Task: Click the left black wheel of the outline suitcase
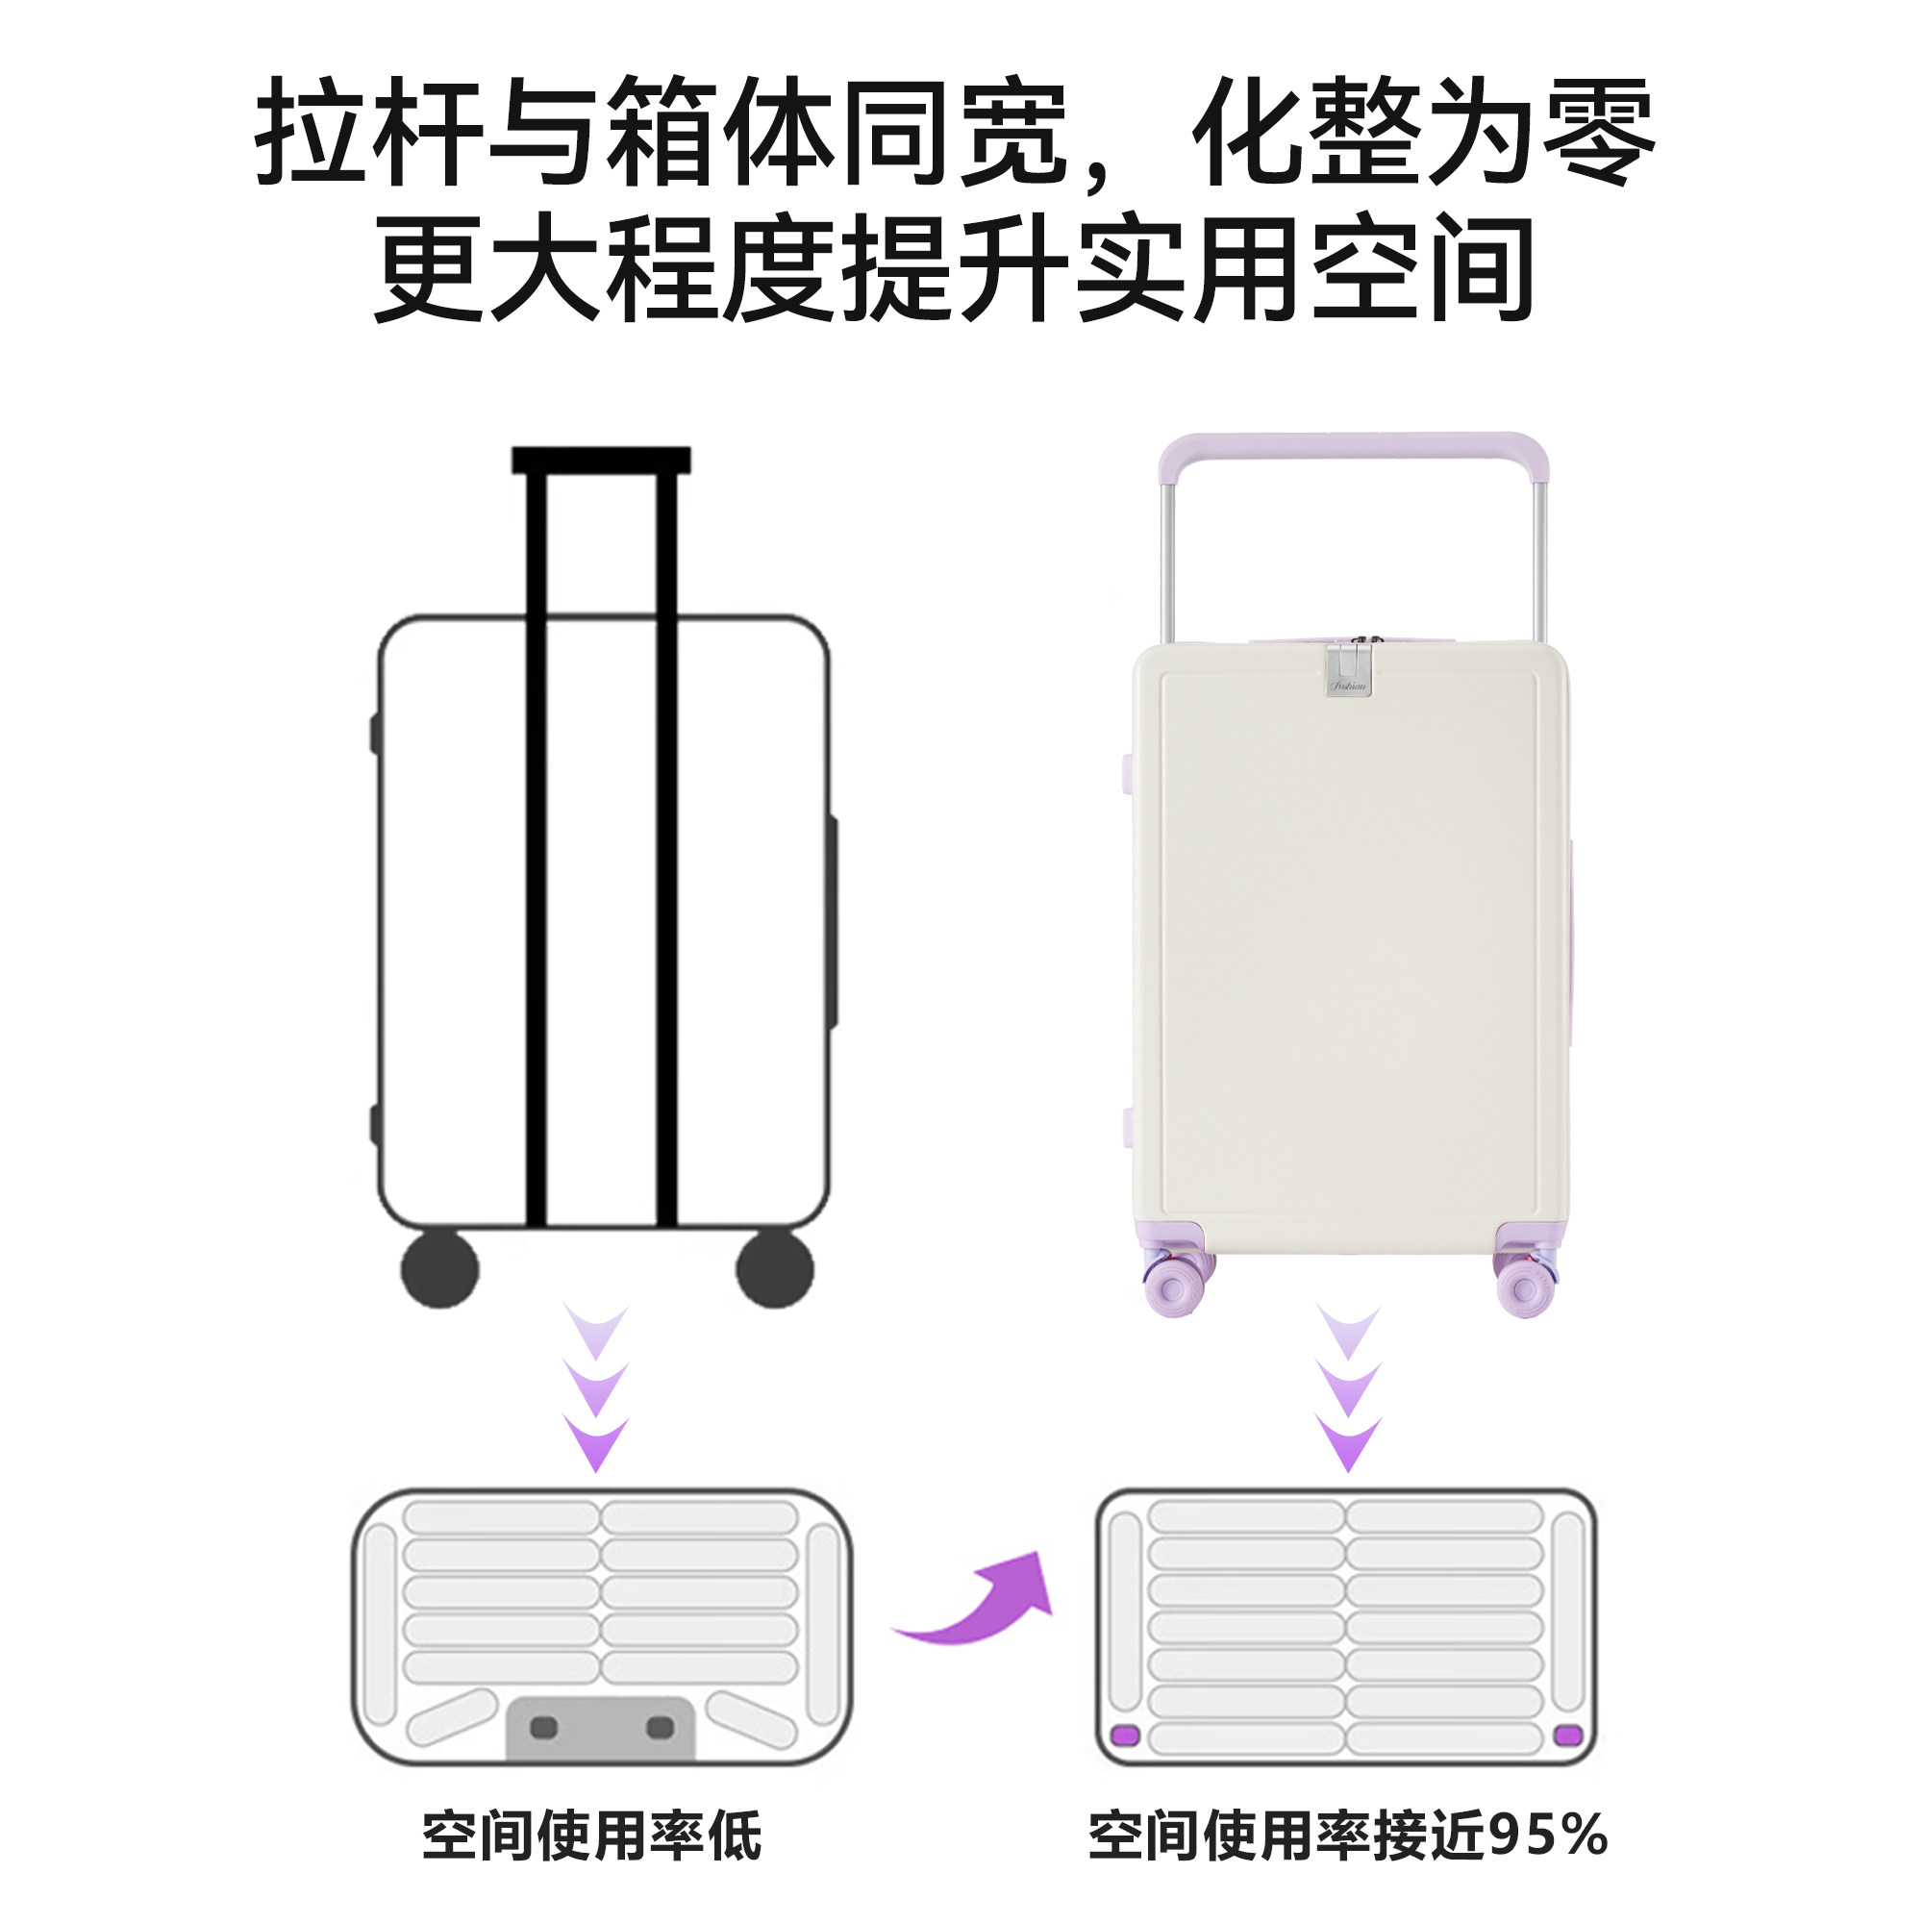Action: [439, 1269]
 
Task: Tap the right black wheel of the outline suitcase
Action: [774, 1269]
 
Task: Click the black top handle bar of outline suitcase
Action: [601, 460]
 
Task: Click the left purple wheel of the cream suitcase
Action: [1173, 1287]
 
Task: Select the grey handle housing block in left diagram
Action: [600, 1729]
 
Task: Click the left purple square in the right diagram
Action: [1125, 1735]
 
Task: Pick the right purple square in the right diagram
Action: [1567, 1735]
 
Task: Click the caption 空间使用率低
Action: [591, 1836]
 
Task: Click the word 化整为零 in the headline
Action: [1423, 132]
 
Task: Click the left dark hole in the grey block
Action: [543, 1727]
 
